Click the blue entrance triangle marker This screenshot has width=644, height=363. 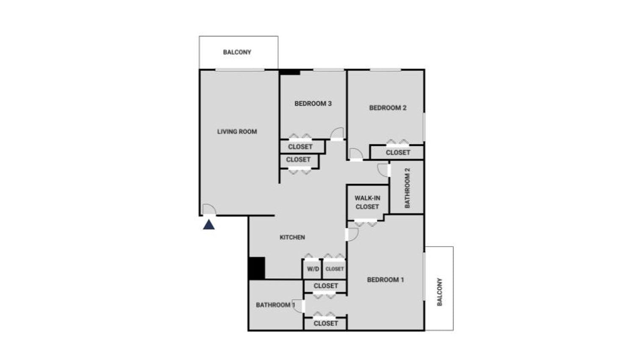click(208, 225)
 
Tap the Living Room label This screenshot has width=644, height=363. click(237, 132)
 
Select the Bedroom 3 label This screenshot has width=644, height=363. click(313, 103)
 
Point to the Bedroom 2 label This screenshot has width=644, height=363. click(388, 108)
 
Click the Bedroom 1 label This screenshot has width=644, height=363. click(385, 279)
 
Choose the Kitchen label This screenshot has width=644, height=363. click(292, 237)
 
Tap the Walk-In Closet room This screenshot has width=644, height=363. click(367, 203)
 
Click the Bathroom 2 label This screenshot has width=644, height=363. click(407, 188)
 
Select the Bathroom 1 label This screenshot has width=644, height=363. click(275, 305)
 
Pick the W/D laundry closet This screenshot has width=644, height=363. click(313, 269)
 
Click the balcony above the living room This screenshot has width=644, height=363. click(238, 52)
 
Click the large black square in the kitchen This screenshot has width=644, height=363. click(256, 268)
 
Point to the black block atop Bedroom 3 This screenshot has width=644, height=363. click(290, 72)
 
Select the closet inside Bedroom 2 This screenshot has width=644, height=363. click(398, 152)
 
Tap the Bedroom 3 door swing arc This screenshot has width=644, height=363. click(338, 133)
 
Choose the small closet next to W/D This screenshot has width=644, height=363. click(335, 269)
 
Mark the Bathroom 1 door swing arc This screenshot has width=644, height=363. click(298, 306)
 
